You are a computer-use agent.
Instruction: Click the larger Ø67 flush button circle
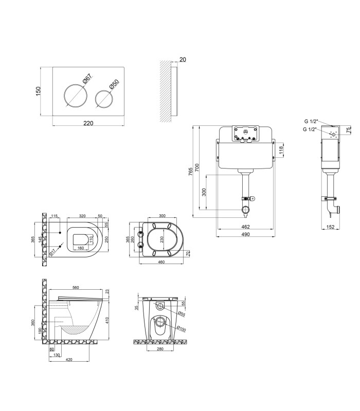click(65, 96)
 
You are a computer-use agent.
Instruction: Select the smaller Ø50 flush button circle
click(95, 99)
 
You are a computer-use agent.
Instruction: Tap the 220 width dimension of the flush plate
click(88, 123)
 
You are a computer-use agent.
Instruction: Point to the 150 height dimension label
click(38, 91)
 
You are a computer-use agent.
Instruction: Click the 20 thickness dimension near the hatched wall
click(183, 60)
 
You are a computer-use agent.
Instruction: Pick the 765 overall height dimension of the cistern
click(190, 172)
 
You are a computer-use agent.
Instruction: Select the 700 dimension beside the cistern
click(197, 168)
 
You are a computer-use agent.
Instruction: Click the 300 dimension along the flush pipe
click(204, 192)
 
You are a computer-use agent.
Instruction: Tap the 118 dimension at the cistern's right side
click(281, 150)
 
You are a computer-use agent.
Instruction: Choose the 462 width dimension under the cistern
click(245, 227)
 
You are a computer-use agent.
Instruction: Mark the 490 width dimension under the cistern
click(245, 234)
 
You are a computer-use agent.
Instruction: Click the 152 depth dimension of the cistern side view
click(330, 227)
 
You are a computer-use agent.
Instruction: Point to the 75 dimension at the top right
click(349, 130)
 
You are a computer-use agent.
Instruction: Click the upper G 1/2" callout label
click(311, 121)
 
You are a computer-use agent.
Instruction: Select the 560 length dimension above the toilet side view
click(75, 288)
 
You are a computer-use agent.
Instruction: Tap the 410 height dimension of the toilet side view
click(107, 320)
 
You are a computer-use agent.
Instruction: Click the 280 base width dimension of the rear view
click(160, 349)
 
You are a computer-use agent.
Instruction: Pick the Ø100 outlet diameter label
click(181, 328)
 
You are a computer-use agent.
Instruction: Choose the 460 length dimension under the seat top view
click(161, 262)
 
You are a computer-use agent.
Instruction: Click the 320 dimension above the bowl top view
click(82, 216)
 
